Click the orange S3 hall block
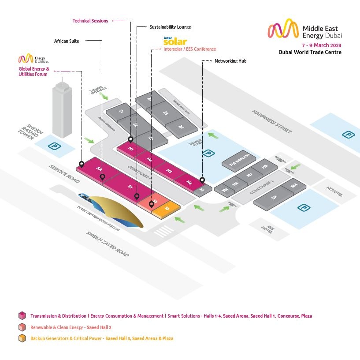coord(167,208)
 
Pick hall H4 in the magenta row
coord(189,181)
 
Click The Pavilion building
coord(239,161)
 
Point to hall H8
coord(264,167)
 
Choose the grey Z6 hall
coord(181,126)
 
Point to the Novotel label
coord(334,193)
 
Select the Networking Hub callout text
coord(230,61)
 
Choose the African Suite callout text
coord(67,41)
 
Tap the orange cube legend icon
coord(21,338)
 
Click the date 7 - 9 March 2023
coord(321,45)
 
